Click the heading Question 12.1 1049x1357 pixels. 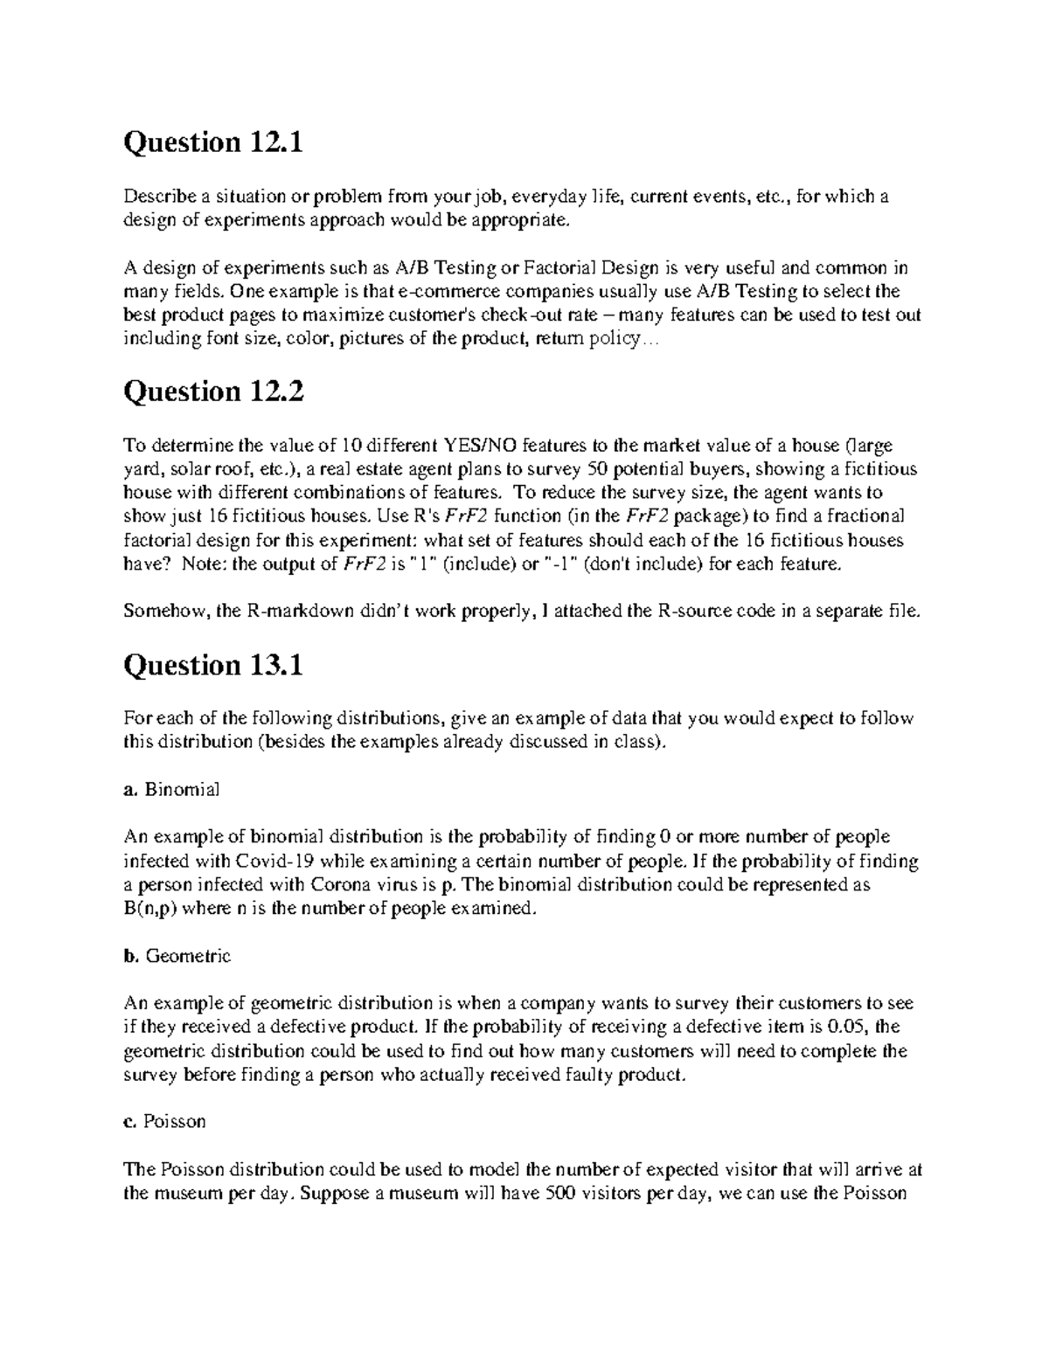213,142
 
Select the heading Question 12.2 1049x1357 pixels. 213,392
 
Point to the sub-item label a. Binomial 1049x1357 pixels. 171,790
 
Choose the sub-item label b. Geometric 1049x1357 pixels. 177,956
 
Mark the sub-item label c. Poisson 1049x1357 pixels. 165,1121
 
